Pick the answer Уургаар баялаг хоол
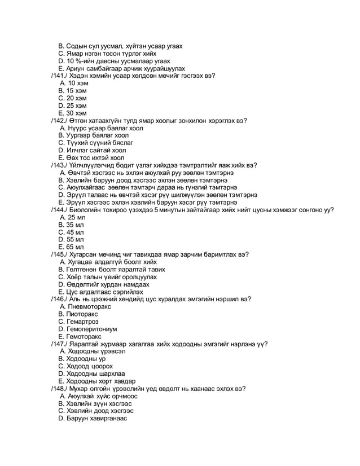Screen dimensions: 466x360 [97, 135]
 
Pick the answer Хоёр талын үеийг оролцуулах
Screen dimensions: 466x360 [111, 277]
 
